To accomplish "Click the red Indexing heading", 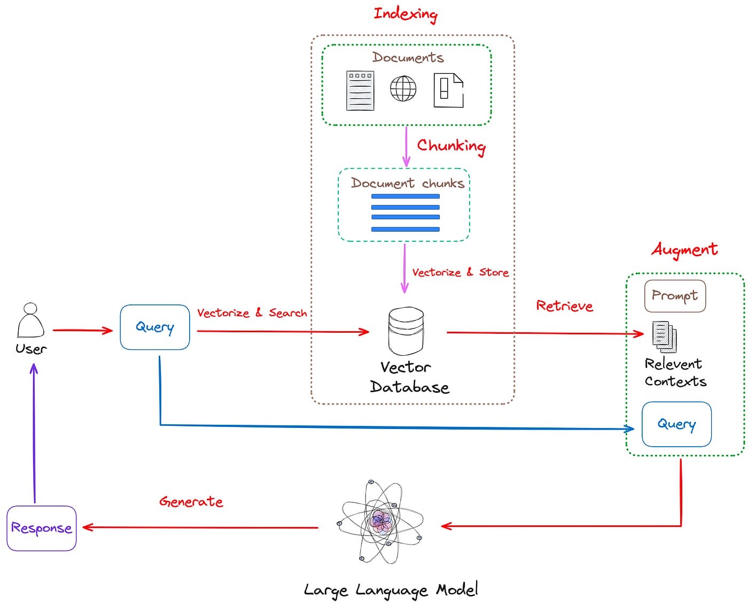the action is tap(406, 14).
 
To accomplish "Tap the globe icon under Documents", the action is tap(403, 88).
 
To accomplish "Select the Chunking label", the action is tap(451, 147).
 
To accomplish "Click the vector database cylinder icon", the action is tap(406, 331).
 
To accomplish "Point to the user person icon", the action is tap(30, 320).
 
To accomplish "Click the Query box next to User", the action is tap(154, 327).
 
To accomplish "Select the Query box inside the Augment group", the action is tap(676, 424).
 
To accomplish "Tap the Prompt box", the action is tap(675, 295).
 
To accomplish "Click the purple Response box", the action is tap(41, 528).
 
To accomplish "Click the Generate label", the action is tap(191, 502).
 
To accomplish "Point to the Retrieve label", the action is tap(565, 305).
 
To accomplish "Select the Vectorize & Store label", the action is tap(460, 272).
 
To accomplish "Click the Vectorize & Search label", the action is tap(252, 312).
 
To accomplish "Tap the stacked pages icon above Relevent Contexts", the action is tap(665, 337).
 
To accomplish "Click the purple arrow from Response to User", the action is tap(34, 433).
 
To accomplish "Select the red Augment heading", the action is tap(684, 250).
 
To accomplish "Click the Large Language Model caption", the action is tap(391, 590).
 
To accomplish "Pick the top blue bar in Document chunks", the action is tap(406, 196).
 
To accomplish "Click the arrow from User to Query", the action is tap(83, 330).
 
